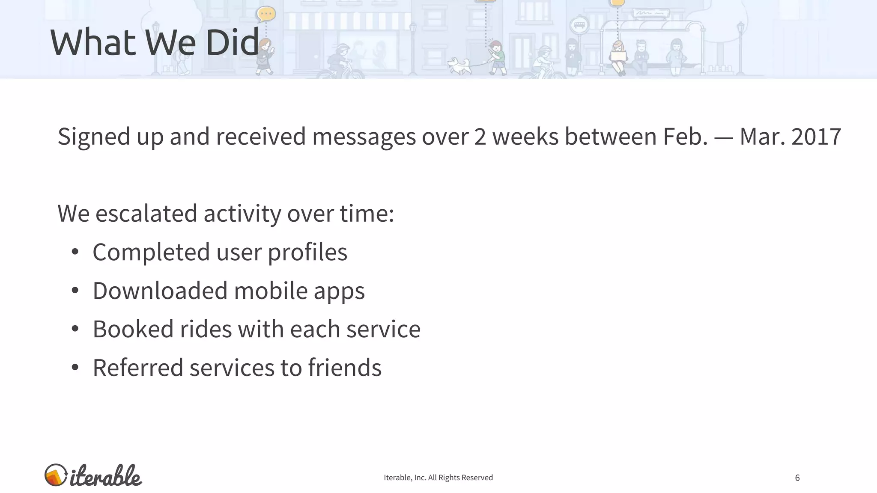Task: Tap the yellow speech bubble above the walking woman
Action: (266, 14)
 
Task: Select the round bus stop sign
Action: (579, 25)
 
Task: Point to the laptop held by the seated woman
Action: (618, 56)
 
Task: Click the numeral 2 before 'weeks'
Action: (480, 137)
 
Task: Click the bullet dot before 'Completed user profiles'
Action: (75, 252)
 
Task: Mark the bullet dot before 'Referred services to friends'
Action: (75, 368)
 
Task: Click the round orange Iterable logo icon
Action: (56, 475)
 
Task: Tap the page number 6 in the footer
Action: (797, 478)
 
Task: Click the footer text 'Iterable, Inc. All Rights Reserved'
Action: (438, 478)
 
